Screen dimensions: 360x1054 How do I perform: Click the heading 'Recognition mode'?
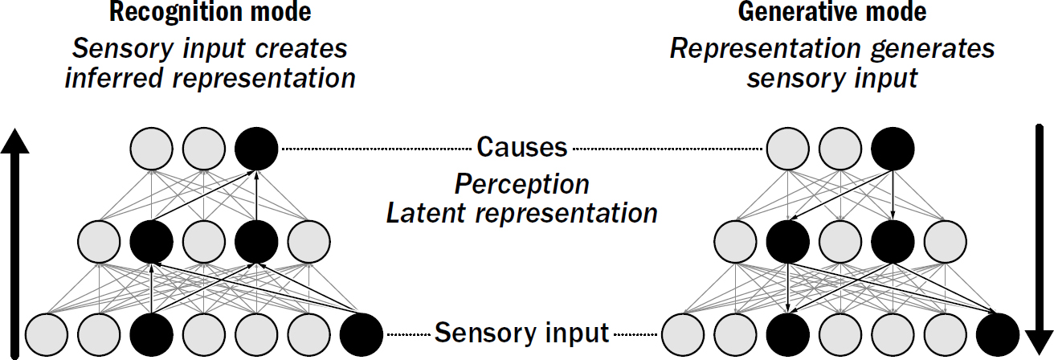pyautogui.click(x=210, y=13)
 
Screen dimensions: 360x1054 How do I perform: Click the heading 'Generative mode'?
pyautogui.click(x=831, y=13)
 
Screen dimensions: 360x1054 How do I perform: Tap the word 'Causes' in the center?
pyautogui.click(x=522, y=147)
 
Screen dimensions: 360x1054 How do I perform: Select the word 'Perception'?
pyautogui.click(x=522, y=184)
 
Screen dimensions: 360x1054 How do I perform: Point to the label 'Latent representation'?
pyautogui.click(x=522, y=213)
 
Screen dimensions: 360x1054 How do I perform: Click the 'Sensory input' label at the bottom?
pyautogui.click(x=522, y=331)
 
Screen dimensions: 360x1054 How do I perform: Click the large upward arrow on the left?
pyautogui.click(x=14, y=241)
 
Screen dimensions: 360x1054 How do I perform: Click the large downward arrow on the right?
pyautogui.click(x=1038, y=241)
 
